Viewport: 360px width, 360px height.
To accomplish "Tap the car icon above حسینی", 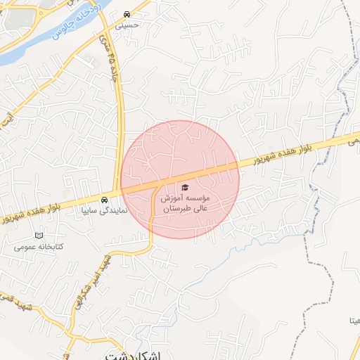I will (x=126, y=14).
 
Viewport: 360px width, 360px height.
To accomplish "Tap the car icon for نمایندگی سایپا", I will (x=105, y=199).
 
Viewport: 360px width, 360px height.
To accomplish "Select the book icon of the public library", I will (x=39, y=235).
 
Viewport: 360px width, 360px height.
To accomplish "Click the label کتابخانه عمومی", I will (x=39, y=247).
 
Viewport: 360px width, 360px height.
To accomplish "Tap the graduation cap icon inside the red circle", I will (x=185, y=187).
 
